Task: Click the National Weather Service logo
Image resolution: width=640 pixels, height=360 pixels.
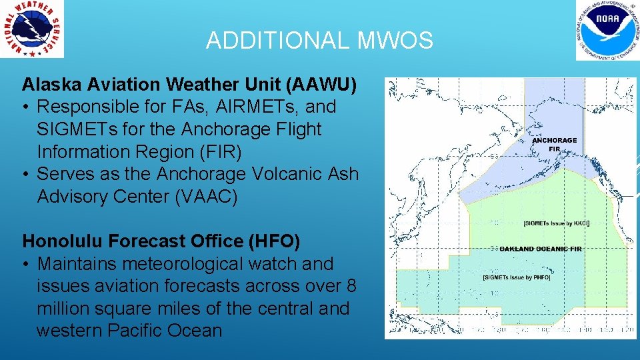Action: [33, 29]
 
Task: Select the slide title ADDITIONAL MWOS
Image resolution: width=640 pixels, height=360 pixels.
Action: [319, 41]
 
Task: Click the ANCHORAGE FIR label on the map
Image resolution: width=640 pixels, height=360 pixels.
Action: [554, 145]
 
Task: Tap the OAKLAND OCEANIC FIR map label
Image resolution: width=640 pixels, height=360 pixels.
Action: [543, 249]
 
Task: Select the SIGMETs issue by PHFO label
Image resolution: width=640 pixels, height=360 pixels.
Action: [517, 277]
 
